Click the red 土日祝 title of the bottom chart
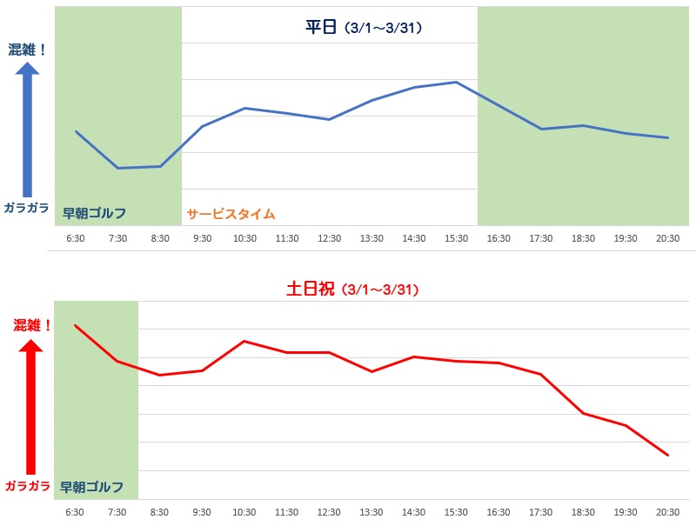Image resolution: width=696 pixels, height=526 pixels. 310,289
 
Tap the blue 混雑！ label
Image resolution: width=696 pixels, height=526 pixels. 26,50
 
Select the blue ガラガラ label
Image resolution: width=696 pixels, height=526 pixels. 26,208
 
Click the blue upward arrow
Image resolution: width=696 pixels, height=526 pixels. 27,130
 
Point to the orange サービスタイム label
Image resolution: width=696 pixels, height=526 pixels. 231,214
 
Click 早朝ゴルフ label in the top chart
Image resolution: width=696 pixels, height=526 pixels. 94,214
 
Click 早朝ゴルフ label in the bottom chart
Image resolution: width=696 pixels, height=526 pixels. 92,487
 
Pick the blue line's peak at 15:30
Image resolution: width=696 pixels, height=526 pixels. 456,82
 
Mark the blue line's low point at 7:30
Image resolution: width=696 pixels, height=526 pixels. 118,168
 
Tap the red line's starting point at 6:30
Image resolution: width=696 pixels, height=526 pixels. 76,325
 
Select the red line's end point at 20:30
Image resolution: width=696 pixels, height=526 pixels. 667,455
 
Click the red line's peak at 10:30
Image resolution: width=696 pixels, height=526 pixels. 244,341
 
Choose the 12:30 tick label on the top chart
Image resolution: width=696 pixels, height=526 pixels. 329,238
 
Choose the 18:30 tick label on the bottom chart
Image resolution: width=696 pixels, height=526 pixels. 583,512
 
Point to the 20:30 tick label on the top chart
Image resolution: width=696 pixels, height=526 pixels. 667,238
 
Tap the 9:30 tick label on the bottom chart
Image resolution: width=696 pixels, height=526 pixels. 203,512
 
